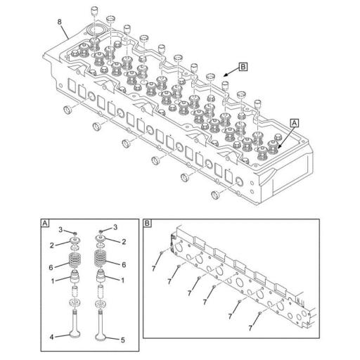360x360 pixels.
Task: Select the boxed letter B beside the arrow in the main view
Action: [x=243, y=67]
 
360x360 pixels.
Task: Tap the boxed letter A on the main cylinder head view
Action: [x=294, y=122]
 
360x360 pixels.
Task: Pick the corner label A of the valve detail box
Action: [x=45, y=225]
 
